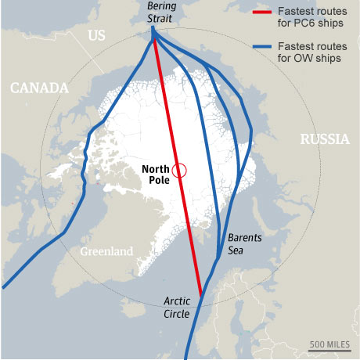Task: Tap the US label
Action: click(96, 36)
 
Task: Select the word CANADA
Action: click(39, 88)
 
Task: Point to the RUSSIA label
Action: click(324, 140)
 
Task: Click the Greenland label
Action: click(106, 251)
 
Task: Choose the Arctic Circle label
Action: click(182, 308)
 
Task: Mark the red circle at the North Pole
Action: click(179, 171)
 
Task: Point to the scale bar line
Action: click(329, 351)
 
